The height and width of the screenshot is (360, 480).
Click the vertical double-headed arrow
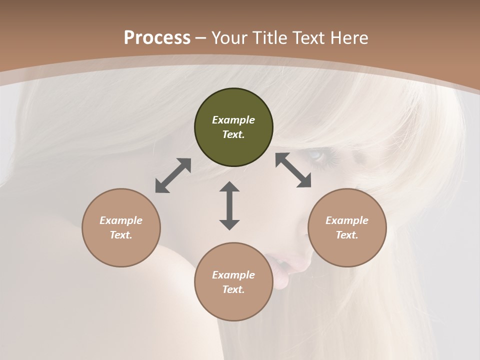coord(229,205)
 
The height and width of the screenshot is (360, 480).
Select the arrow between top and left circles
coord(173,175)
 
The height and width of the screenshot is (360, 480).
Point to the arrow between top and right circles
coord(293,170)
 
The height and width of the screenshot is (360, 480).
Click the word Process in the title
coord(157,38)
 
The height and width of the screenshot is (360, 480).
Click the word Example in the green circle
coord(233,120)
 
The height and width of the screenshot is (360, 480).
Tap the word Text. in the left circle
coord(121,235)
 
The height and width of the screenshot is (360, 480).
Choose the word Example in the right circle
coord(347,220)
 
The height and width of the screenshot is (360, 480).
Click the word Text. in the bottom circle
coord(233,289)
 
